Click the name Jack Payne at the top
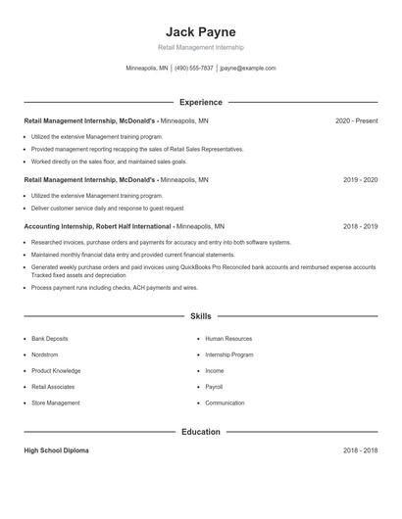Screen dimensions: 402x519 coord(200,31)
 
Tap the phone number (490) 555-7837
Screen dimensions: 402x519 coord(194,69)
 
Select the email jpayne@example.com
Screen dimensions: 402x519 coord(248,69)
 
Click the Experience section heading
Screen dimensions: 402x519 coord(200,102)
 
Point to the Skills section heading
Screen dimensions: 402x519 coord(200,316)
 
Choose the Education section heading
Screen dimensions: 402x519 coord(200,431)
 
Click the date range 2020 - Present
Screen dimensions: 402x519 coord(356,120)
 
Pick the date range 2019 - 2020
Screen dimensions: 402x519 coord(360,180)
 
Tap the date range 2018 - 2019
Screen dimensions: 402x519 coord(360,226)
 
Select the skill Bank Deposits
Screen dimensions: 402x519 coord(49,339)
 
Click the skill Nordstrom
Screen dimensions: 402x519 coord(45,354)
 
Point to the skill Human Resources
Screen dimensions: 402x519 coord(227,339)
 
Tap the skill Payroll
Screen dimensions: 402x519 coord(214,387)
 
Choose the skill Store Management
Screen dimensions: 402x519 coord(55,402)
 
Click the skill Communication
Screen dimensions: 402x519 coord(225,402)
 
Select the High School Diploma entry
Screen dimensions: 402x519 coord(56,450)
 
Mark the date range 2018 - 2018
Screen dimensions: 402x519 coord(360,450)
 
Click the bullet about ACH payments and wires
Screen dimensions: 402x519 coord(114,288)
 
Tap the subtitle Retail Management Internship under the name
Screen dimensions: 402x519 coord(200,47)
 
